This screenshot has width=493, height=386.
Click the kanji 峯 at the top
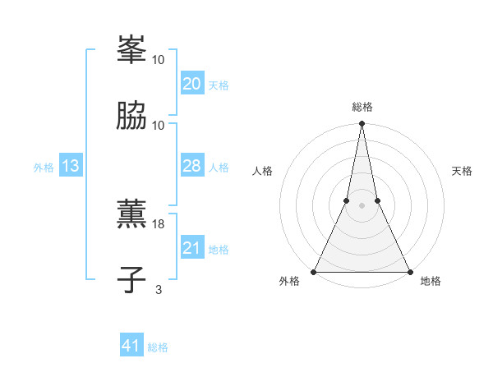(131, 50)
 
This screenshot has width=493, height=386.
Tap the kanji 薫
(131, 215)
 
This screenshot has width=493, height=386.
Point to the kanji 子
(131, 280)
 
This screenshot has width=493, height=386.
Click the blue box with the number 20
(191, 84)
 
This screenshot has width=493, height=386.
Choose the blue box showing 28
(191, 166)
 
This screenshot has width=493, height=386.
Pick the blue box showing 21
(191, 248)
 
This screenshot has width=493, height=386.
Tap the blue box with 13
(70, 166)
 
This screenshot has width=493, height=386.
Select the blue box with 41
(131, 346)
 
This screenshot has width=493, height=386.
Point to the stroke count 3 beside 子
(159, 289)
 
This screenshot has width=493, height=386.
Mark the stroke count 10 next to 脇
(159, 125)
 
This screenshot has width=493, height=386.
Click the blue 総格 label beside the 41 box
(158, 347)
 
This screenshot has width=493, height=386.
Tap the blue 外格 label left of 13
(44, 168)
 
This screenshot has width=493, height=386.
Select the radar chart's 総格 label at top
(362, 107)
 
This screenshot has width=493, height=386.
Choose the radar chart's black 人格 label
(263, 171)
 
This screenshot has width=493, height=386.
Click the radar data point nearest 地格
(409, 271)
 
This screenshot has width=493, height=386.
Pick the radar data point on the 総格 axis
(362, 125)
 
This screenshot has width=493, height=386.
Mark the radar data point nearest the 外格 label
(314, 271)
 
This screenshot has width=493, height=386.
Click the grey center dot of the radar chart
(362, 205)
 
